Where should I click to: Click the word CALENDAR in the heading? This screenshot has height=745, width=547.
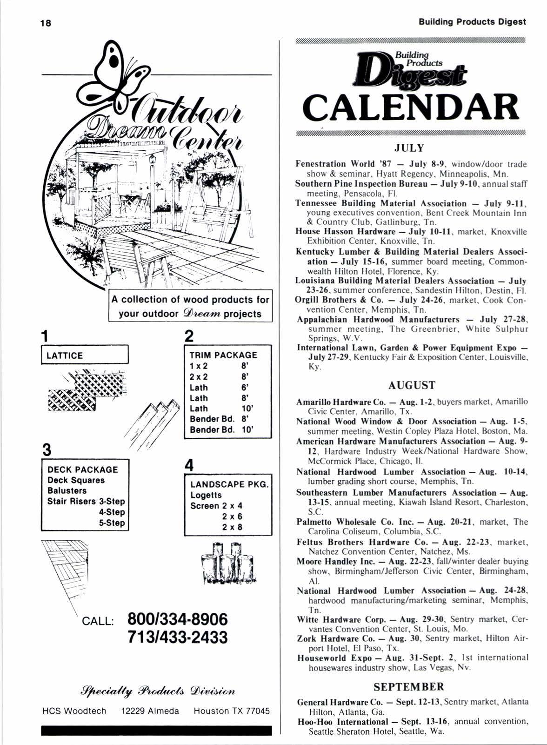[410, 107]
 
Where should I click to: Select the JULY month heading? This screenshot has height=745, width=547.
[409, 148]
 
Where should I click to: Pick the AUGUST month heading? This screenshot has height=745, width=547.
[412, 385]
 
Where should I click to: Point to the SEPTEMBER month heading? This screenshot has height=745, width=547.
[409, 687]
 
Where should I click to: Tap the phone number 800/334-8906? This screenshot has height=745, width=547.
[178, 619]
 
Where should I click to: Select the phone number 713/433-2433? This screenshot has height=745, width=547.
[178, 637]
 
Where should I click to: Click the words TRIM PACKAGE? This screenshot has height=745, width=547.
[223, 355]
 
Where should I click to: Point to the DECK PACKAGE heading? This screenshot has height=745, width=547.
[83, 470]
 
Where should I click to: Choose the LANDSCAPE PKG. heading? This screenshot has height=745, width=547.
[229, 484]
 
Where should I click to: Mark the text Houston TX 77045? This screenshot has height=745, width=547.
[232, 711]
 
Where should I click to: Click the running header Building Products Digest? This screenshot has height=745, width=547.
[472, 22]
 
